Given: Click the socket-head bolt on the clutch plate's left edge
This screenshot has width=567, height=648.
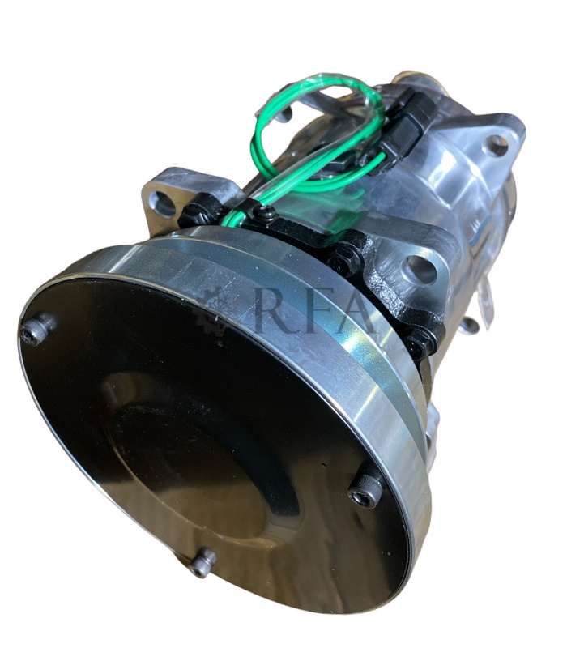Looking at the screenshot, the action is pos(37,328).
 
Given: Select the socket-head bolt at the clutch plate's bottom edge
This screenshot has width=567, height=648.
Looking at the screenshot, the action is pos(202,563).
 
